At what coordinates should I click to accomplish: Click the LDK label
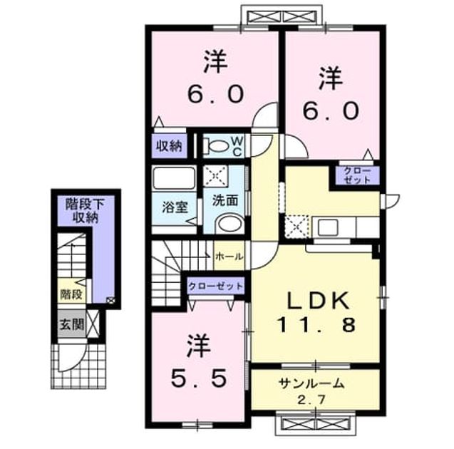317,300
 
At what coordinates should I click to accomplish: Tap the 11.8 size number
316,324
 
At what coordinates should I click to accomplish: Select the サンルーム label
311,383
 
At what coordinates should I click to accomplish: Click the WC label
237,147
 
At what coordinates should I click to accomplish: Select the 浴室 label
175,207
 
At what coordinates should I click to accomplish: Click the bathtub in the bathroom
174,178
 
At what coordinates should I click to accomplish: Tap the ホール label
229,256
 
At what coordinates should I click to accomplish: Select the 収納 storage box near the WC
169,146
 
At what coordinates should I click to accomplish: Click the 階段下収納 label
85,210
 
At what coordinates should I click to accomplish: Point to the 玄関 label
71,324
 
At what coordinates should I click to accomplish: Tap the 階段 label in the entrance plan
71,294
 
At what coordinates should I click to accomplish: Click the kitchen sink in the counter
328,227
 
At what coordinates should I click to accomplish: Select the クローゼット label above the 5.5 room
215,287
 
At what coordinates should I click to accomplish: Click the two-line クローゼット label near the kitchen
357,175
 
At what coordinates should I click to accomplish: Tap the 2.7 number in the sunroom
312,400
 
